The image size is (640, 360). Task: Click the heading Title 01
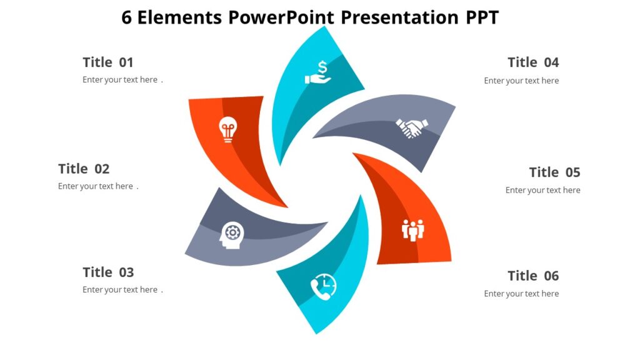tap(108, 62)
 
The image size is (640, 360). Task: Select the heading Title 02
tap(84, 169)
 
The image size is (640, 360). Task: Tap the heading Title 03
tap(108, 272)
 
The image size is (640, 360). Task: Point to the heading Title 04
tap(533, 62)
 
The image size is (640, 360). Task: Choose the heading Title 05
tap(554, 172)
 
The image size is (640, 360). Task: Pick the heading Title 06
tap(533, 276)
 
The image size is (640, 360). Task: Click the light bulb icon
tap(227, 130)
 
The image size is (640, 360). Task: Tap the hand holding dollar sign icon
tap(318, 72)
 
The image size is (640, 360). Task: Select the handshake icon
tap(411, 128)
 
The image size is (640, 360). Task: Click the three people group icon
tap(412, 230)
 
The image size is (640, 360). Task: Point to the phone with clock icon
tap(323, 287)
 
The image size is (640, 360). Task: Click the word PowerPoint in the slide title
tap(281, 17)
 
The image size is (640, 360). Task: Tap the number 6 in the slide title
tap(127, 17)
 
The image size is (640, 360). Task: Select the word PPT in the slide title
tap(482, 17)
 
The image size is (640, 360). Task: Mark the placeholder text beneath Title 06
tap(521, 294)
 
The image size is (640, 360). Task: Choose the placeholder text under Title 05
tap(542, 190)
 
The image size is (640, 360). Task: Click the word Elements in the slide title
tap(180, 17)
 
